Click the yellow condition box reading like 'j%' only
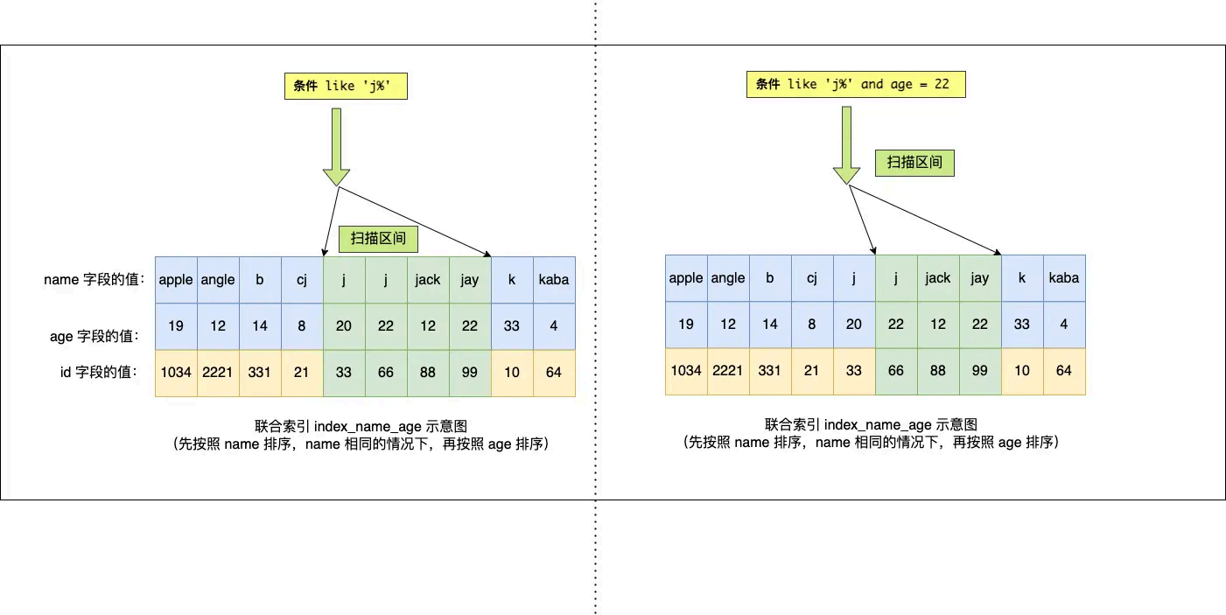[346, 87]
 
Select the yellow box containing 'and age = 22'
[856, 84]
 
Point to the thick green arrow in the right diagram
[846, 144]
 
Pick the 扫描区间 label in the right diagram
[915, 162]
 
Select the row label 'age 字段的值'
[94, 335]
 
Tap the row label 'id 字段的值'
[98, 372]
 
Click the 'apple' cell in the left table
[176, 280]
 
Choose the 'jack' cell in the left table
[428, 280]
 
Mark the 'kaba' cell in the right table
[1064, 278]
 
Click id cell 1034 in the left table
[176, 372]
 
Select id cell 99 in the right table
[980, 370]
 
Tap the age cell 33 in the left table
[512, 325]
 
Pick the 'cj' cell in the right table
[812, 278]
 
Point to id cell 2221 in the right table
[728, 370]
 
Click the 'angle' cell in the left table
[218, 280]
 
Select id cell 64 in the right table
[1064, 370]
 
